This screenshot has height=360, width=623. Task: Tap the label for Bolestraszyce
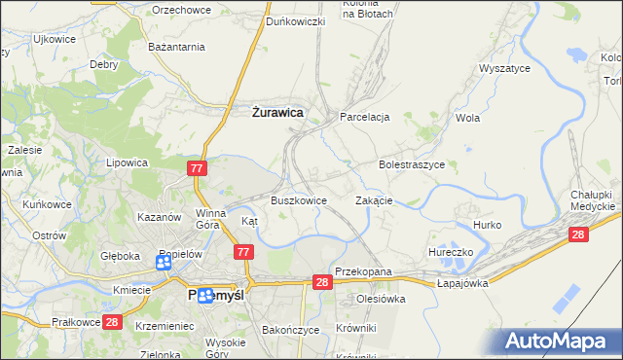tap(411, 165)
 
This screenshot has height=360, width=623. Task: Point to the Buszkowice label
tap(298, 199)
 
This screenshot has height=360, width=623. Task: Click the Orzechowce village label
tap(183, 10)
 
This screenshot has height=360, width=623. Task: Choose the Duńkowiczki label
tap(295, 21)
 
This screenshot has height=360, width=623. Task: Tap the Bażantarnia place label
tap(176, 46)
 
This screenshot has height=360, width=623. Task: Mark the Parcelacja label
tap(364, 117)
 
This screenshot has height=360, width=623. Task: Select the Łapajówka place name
tap(461, 282)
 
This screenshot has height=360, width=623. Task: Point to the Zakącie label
tap(374, 199)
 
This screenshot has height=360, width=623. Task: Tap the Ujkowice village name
tap(55, 39)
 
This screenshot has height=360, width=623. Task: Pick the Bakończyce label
tap(290, 330)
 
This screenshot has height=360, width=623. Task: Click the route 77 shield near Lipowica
tap(198, 168)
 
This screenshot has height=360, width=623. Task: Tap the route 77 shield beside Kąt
tap(243, 252)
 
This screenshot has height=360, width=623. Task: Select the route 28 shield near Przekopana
tap(323, 281)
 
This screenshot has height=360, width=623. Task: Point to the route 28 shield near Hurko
tap(579, 234)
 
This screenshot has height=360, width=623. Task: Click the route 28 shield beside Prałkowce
tap(111, 322)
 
